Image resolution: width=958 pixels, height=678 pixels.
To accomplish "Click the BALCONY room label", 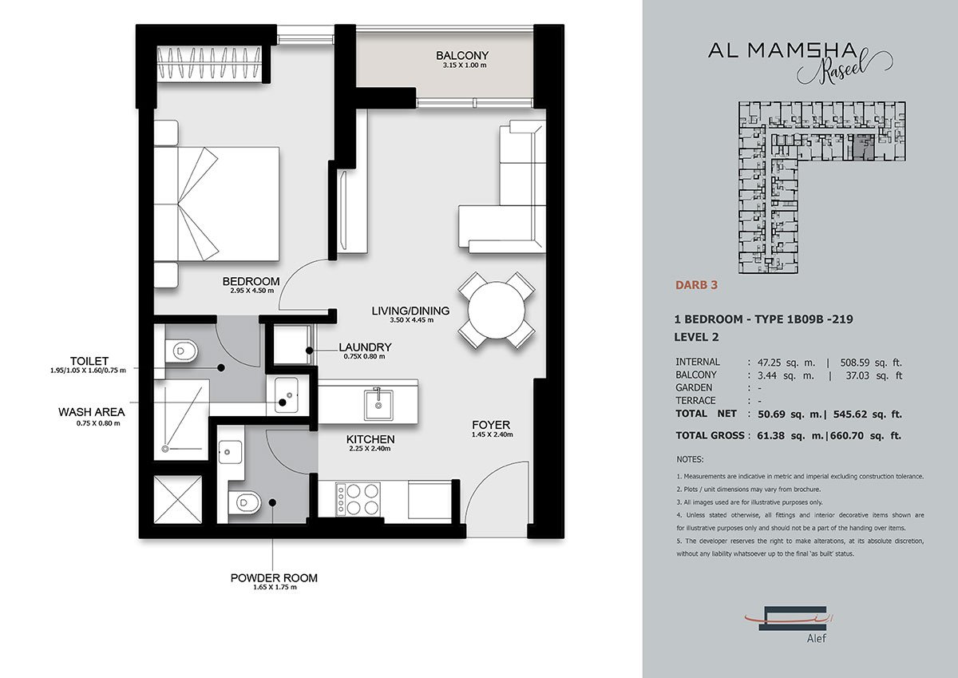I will coord(461,55).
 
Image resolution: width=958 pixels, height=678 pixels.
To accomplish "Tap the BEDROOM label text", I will coord(251,281).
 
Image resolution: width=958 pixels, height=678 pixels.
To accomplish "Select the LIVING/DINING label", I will coord(410,311).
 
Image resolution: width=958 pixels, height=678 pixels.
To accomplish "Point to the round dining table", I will coord(496,310).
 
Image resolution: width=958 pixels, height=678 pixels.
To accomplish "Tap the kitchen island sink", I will coord(376,403).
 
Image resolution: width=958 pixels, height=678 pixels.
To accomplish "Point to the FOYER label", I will coord(490,424).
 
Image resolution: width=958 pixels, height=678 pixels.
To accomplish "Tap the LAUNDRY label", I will coord(365,347).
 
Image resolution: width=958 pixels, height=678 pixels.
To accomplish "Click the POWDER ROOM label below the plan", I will coord(274,577).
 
